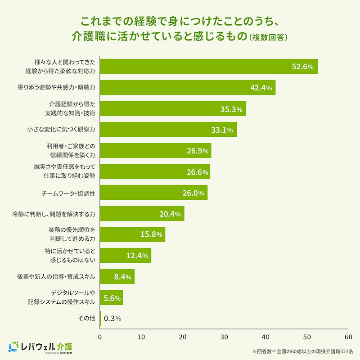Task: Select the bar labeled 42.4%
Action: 187,88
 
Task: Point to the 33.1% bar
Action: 168,130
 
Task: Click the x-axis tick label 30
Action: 224,337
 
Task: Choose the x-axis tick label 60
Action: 348,337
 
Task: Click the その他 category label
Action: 86,318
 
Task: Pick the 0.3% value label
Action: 112,319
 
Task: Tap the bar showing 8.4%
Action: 117,276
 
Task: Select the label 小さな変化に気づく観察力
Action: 62,130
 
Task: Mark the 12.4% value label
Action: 137,256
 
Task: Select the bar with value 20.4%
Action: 142,213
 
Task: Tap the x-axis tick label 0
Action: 100,337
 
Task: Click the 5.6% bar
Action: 111,297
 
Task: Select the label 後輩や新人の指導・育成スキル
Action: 56,276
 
